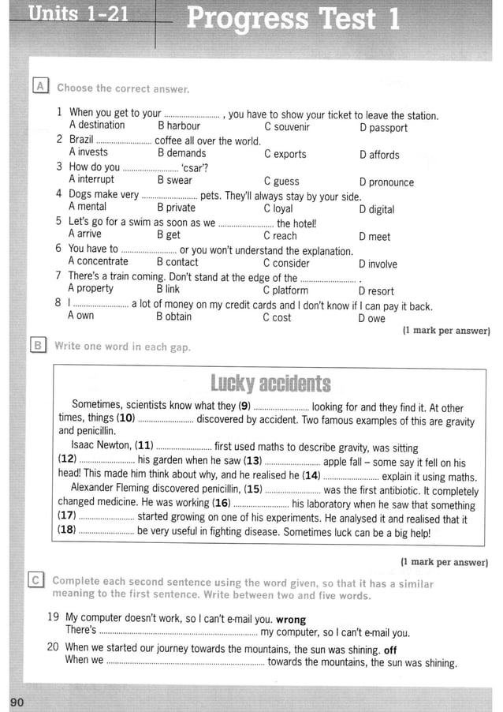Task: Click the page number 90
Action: point(17,702)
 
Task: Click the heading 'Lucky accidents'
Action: point(270,384)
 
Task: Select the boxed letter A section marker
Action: point(39,86)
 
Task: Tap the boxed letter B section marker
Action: point(37,345)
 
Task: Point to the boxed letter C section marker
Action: point(35,581)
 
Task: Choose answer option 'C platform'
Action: point(285,290)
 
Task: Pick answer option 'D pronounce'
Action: point(386,182)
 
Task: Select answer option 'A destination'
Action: point(96,126)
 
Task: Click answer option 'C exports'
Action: point(285,155)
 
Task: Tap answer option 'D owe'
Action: point(371,319)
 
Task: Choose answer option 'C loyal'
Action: point(278,209)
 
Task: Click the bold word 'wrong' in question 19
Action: point(291,620)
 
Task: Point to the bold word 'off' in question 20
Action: point(390,650)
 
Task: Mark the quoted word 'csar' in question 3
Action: point(194,167)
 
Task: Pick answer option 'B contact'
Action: point(177,262)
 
